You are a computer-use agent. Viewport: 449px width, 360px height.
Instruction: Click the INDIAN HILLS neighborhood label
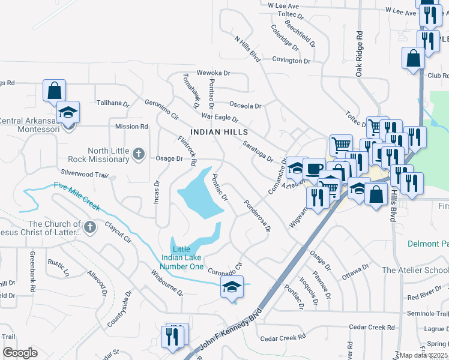point(218,131)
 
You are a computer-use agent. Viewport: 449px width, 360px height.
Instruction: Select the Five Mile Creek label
point(76,196)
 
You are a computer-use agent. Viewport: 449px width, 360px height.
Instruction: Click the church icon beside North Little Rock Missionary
point(139,154)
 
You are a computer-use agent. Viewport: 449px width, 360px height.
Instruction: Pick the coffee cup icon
point(314,168)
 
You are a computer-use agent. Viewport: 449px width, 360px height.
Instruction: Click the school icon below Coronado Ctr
point(232,286)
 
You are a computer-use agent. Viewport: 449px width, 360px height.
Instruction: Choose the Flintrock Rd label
point(187,150)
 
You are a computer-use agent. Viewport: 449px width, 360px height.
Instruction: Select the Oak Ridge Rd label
point(359,53)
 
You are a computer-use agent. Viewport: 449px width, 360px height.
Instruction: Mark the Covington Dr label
point(291,61)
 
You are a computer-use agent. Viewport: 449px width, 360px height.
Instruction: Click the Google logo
point(20,353)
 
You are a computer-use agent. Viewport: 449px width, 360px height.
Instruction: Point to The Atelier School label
point(415,270)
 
